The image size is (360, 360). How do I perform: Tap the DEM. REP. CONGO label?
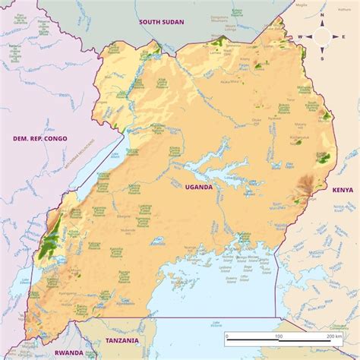coord(40,138)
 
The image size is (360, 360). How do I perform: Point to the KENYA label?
coord(343,189)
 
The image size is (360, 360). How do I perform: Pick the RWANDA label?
coord(69,352)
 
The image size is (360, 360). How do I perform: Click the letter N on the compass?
coord(322,14)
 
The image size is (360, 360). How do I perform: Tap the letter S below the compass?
coord(322,58)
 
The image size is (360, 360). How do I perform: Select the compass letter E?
coord(344,36)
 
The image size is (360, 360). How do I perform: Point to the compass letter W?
coord(300,36)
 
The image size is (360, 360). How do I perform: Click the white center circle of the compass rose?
coord(322,36)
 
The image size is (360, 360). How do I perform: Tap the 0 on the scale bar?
coord(226,336)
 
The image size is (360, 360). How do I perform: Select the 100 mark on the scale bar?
coord(278,336)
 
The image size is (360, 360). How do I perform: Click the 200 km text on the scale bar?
coord(333,336)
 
